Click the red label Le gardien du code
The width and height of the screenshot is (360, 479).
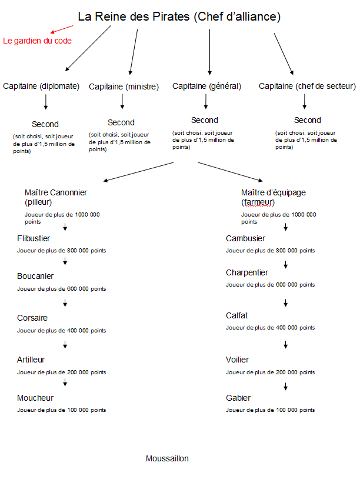[37, 41]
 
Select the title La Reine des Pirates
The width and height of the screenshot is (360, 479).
[134, 16]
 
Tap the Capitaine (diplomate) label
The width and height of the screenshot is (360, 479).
[41, 86]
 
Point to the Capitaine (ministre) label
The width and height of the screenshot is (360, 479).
[124, 87]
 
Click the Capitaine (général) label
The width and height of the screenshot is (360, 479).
[206, 86]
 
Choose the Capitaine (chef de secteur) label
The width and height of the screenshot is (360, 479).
[307, 86]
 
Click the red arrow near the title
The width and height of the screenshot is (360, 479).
[62, 29]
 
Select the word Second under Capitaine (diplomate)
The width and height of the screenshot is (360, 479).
[45, 124]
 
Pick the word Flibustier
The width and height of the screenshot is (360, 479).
[34, 238]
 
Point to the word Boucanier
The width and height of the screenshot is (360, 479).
[35, 276]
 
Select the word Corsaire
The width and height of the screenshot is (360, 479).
[32, 318]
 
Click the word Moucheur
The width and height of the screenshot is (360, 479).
[35, 398]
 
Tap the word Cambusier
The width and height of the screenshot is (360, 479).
[245, 238]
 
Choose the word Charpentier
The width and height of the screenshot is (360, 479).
[247, 273]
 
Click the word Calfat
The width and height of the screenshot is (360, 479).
[236, 315]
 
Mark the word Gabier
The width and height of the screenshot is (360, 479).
[238, 398]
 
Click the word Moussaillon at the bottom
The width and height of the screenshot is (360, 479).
[167, 458]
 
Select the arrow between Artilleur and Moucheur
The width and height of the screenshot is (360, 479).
[65, 382]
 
